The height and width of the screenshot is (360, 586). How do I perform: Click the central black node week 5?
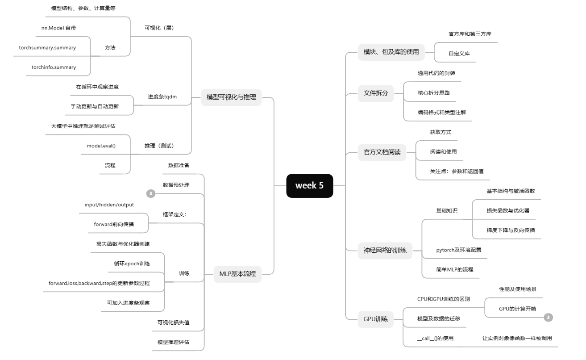click(x=309, y=186)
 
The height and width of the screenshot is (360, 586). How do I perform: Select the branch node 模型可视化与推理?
click(x=231, y=97)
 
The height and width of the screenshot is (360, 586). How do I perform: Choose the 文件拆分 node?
click(x=376, y=93)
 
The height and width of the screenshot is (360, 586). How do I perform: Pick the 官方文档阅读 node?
click(x=382, y=152)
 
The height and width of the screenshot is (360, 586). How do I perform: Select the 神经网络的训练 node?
click(x=385, y=250)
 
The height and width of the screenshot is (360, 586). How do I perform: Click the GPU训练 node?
click(x=375, y=319)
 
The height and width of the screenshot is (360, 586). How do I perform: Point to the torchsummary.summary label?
click(x=47, y=48)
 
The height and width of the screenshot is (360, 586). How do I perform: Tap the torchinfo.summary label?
click(x=54, y=67)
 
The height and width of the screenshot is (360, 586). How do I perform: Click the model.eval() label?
click(x=101, y=146)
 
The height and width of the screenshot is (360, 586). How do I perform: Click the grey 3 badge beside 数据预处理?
click(x=151, y=193)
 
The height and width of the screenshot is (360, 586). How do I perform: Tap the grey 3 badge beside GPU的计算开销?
click(x=549, y=318)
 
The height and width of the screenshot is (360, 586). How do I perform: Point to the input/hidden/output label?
click(x=109, y=205)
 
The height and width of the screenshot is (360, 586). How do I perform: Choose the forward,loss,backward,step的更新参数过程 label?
click(x=99, y=283)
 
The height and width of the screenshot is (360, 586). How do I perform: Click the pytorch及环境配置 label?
click(x=458, y=250)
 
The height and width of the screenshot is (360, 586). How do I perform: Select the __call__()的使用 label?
click(x=435, y=338)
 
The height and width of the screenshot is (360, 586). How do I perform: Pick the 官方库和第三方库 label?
click(x=470, y=34)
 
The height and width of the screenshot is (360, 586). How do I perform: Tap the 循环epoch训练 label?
click(x=132, y=264)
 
